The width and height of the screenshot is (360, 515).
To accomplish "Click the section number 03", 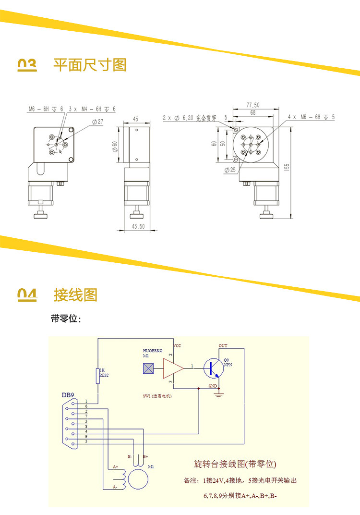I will (x=27, y=65).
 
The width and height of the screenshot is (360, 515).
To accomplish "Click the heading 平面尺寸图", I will (x=90, y=64).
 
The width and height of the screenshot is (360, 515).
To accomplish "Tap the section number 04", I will (x=27, y=294).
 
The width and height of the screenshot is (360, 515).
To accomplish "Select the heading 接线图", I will (x=75, y=294).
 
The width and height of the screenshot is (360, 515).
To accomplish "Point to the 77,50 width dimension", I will (x=252, y=105).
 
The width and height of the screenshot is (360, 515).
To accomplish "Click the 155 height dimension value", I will (x=287, y=167).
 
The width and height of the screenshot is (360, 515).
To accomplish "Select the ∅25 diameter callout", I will (x=229, y=170).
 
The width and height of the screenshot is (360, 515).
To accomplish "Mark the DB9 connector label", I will (x=68, y=395).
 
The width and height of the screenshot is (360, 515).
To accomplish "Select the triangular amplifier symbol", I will (x=173, y=368).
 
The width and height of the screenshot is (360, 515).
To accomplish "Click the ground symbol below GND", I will (x=219, y=395).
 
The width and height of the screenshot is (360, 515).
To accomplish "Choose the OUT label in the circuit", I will (x=223, y=345).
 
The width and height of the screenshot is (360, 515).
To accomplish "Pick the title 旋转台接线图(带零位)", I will (x=235, y=464).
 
